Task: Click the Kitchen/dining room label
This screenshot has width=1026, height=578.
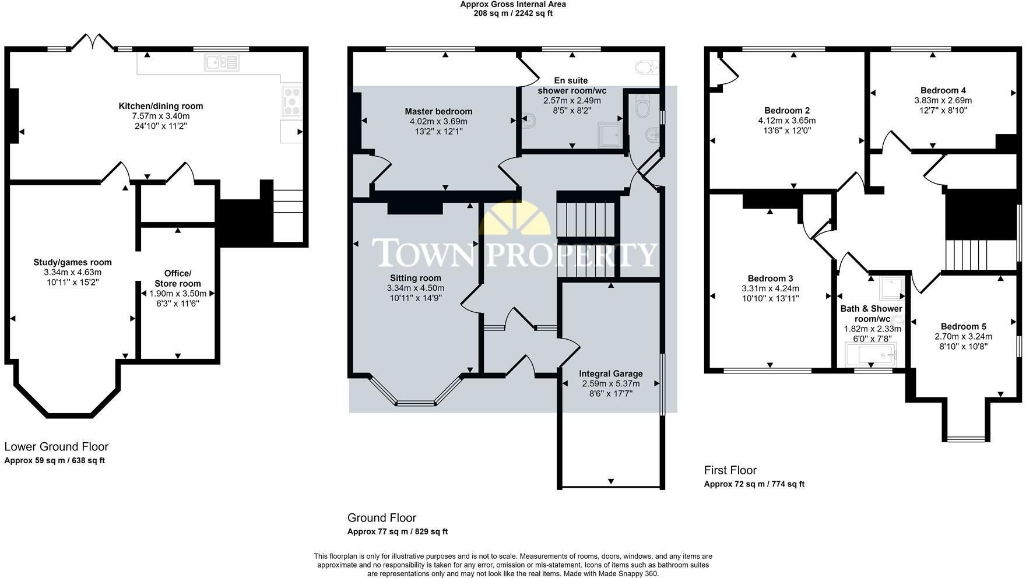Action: pyautogui.click(x=161, y=106)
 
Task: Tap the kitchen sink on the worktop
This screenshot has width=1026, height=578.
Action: pyautogui.click(x=222, y=62)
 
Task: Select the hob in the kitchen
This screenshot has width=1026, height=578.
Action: pyautogui.click(x=292, y=100)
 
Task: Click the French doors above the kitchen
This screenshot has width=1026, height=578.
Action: pyautogui.click(x=93, y=42)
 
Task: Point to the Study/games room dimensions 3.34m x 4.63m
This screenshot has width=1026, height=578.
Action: pyautogui.click(x=72, y=272)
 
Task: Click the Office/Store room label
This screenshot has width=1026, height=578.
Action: pyautogui.click(x=178, y=279)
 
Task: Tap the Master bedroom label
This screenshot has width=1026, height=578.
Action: pyautogui.click(x=438, y=111)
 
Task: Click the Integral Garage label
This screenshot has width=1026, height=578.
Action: pyautogui.click(x=611, y=373)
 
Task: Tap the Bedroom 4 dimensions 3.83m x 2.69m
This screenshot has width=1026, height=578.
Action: pyautogui.click(x=943, y=100)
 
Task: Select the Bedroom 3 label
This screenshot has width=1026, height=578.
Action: pyautogui.click(x=770, y=279)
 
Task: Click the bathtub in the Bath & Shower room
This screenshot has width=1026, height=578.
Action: pyautogui.click(x=871, y=353)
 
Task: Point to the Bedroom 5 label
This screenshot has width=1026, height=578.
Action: pyautogui.click(x=964, y=326)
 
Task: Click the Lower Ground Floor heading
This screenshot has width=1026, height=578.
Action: pyautogui.click(x=57, y=447)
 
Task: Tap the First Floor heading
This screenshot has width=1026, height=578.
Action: pyautogui.click(x=730, y=470)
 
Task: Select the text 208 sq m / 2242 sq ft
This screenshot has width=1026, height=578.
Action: pyautogui.click(x=513, y=13)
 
